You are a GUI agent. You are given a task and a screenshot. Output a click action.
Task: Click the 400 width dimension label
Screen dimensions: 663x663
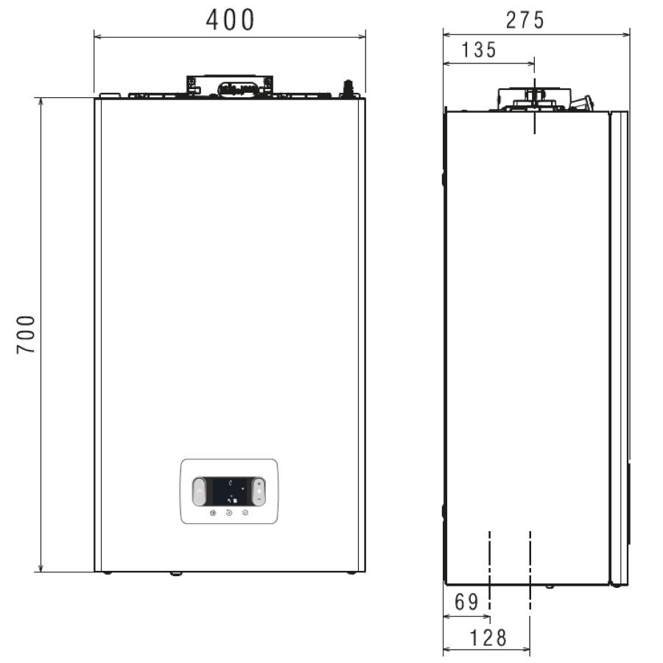[230, 20]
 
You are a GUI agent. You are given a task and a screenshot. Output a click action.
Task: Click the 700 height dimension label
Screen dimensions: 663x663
[26, 334]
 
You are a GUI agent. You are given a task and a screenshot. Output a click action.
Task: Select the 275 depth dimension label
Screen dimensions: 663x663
[525, 21]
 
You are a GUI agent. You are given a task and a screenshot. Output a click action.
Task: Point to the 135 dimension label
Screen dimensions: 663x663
[479, 50]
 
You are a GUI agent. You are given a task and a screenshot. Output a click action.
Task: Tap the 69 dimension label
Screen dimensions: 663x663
[466, 602]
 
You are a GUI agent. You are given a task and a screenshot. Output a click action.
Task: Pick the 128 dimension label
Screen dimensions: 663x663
[488, 638]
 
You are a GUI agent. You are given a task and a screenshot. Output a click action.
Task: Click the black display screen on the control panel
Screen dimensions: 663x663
[229, 491]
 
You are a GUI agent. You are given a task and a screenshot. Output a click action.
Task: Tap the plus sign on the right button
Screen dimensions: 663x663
[259, 483]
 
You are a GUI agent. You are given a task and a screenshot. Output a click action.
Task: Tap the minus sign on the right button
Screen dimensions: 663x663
[259, 499]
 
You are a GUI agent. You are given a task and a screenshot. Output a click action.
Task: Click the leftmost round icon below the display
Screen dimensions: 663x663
[213, 513]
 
